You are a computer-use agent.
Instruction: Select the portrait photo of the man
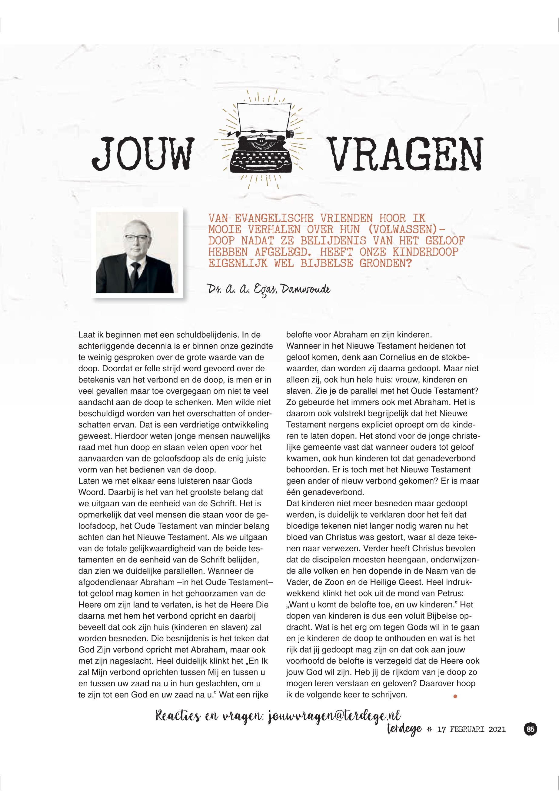[x=137, y=252]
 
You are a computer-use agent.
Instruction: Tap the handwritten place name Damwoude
[x=305, y=289]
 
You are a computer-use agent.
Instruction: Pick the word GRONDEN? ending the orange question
[x=385, y=263]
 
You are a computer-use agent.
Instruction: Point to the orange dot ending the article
[x=455, y=697]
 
